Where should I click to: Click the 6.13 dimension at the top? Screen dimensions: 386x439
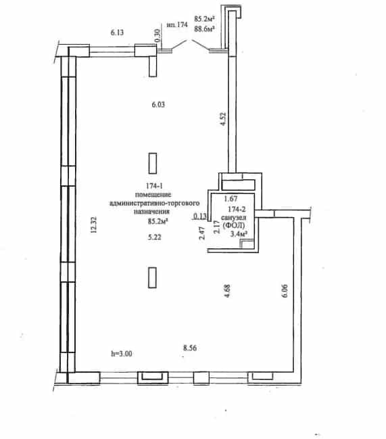pyautogui.click(x=117, y=32)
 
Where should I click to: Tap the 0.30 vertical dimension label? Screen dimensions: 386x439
pyautogui.click(x=158, y=36)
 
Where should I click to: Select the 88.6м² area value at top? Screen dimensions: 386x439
pyautogui.click(x=204, y=28)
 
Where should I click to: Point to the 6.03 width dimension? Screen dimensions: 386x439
pyautogui.click(x=158, y=105)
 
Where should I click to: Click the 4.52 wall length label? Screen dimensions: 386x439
pyautogui.click(x=223, y=119)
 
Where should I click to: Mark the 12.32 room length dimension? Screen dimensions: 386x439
pyautogui.click(x=94, y=225)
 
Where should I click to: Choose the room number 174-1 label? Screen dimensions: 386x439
pyautogui.click(x=154, y=186)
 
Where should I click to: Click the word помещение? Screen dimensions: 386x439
pyautogui.click(x=153, y=195)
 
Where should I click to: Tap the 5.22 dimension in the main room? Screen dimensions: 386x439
pyautogui.click(x=154, y=237)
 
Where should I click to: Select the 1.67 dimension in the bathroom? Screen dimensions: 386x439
pyautogui.click(x=231, y=199)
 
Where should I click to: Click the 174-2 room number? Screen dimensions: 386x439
pyautogui.click(x=237, y=209)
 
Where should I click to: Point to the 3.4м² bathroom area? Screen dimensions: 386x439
pyautogui.click(x=239, y=234)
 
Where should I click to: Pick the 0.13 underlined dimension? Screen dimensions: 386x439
pyautogui.click(x=200, y=216)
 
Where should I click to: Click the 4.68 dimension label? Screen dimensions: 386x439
pyautogui.click(x=227, y=291)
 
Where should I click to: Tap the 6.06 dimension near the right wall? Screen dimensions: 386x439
pyautogui.click(x=285, y=291)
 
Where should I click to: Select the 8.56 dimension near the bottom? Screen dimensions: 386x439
pyautogui.click(x=190, y=348)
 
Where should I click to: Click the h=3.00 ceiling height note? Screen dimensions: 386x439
pyautogui.click(x=122, y=354)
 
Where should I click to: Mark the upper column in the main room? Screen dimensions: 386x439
pyautogui.click(x=153, y=163)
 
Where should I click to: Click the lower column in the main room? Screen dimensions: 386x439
pyautogui.click(x=152, y=277)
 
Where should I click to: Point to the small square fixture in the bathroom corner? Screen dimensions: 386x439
pyautogui.click(x=247, y=244)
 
